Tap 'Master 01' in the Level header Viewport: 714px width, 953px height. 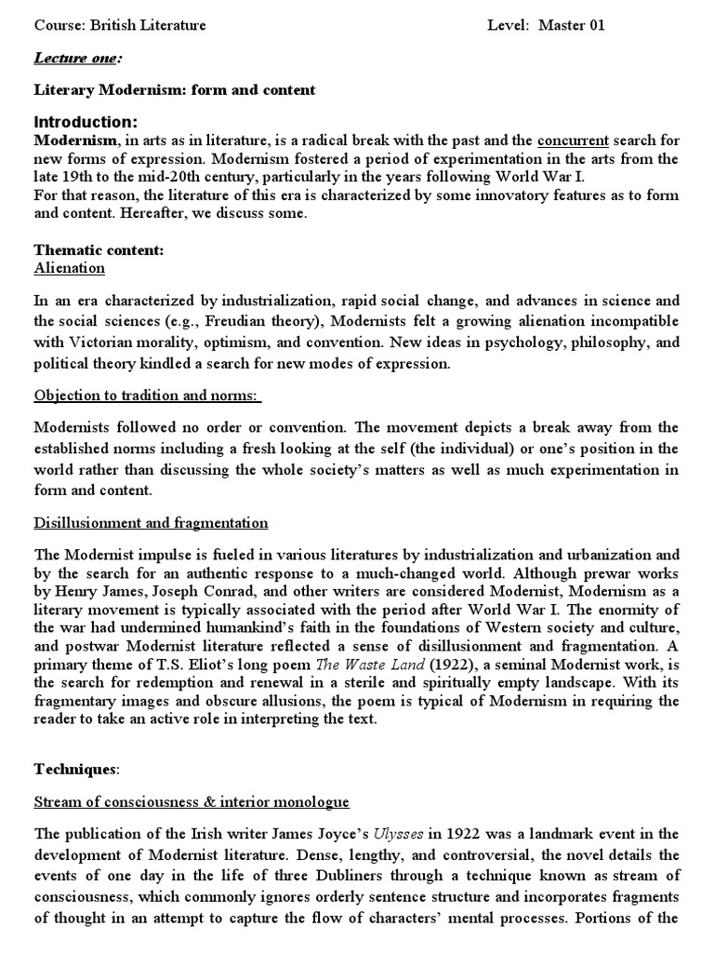575,25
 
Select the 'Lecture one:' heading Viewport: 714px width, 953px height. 77,58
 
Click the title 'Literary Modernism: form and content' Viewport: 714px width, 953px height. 175,90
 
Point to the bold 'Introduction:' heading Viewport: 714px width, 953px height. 86,122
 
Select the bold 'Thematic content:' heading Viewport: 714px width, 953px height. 99,249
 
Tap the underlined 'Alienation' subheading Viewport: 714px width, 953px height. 70,268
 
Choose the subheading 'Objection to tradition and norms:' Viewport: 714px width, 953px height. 148,396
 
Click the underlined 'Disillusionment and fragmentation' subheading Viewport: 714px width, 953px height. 152,523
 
